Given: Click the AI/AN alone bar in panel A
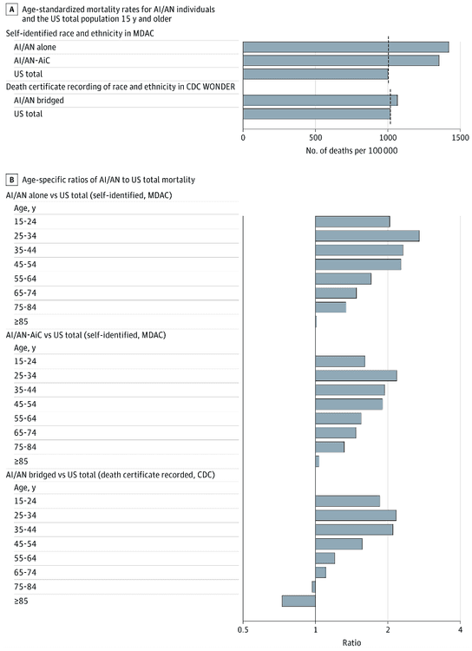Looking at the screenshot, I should [345, 47].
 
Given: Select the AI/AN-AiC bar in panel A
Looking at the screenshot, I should [341, 61].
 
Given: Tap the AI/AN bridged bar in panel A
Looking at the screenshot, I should [320, 100].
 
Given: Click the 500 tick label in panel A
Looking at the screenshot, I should [316, 137].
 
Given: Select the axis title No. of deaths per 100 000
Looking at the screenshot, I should [351, 151].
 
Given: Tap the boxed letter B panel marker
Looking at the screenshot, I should [11, 180].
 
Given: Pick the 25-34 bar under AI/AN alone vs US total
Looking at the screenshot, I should [367, 236].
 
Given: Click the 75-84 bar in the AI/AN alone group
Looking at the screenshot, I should [331, 307].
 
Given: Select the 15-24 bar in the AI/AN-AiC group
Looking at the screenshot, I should [340, 361].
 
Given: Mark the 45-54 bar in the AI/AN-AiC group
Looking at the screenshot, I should [349, 404].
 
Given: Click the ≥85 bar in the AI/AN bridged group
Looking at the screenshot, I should [298, 601].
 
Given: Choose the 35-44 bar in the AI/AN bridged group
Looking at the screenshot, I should [354, 529].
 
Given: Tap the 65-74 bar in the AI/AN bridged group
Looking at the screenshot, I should [320, 572].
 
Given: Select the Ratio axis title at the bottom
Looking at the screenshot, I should [351, 643].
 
